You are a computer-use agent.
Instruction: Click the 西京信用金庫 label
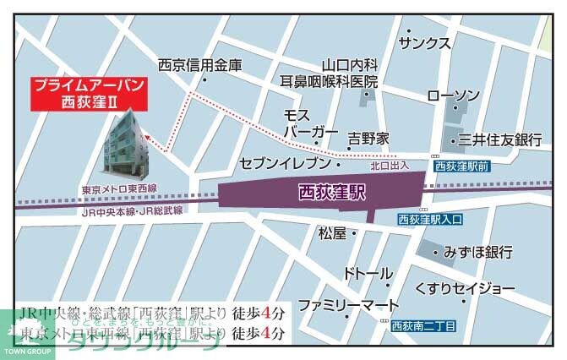200,64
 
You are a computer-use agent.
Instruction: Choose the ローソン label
455,95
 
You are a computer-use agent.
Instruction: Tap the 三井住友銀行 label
499,139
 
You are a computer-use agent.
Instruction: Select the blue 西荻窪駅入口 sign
430,220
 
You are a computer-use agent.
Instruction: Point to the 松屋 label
332,232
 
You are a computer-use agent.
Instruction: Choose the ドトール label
368,274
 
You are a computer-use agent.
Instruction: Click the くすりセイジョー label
465,289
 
